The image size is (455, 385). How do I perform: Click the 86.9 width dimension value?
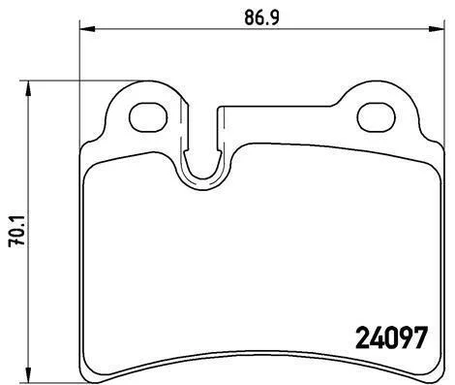pos(261,17)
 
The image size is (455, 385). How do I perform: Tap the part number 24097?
pos(392,337)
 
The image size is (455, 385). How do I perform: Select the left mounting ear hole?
pos(148,117)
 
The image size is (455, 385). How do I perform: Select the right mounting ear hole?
pos(377,117)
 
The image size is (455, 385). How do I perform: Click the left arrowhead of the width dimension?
pos(87,29)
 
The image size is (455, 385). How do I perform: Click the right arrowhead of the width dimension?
pos(437,29)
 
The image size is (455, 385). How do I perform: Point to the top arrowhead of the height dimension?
pos(29,88)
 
